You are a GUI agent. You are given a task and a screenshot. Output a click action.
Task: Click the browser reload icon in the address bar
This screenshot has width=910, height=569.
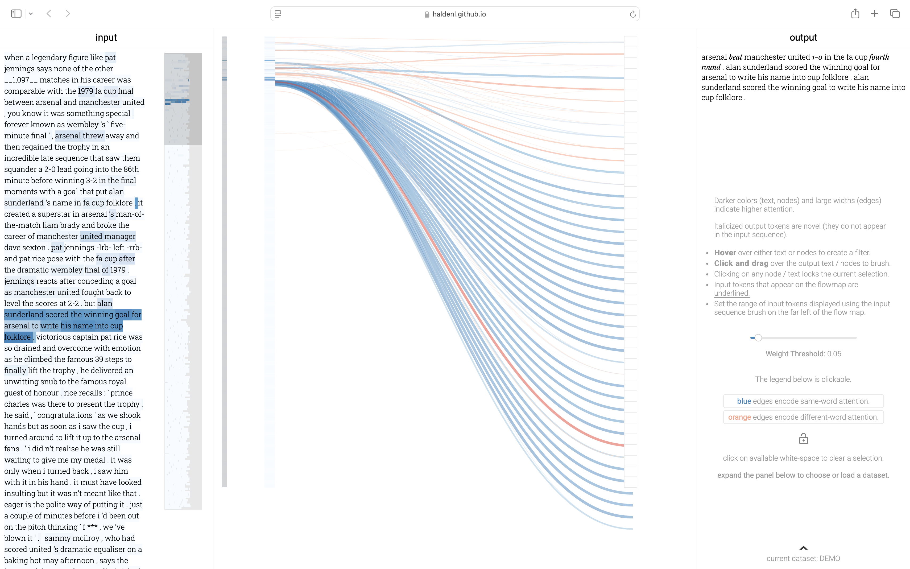633,14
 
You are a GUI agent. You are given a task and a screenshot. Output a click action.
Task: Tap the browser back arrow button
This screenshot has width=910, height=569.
49,14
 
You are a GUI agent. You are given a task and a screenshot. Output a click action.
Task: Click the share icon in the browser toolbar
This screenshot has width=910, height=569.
855,14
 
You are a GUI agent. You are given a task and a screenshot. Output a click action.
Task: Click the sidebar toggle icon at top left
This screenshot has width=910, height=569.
16,14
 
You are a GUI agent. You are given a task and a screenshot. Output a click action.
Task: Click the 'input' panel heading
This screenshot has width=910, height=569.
106,37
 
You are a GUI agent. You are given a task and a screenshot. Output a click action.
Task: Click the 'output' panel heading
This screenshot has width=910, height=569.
803,37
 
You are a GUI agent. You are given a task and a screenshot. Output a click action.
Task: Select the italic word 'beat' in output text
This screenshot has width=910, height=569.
735,57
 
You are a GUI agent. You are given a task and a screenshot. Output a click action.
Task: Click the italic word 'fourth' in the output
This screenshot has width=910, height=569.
879,57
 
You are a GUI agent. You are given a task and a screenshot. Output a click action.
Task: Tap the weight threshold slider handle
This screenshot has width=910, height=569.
758,337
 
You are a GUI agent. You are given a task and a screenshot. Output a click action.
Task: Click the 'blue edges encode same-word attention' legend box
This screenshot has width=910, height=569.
803,401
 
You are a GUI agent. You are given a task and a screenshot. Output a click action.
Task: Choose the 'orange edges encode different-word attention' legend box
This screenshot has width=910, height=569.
803,417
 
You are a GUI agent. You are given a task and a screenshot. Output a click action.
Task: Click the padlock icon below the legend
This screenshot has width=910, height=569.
803,439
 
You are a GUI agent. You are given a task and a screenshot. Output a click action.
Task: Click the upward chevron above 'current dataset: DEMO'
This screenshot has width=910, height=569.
803,548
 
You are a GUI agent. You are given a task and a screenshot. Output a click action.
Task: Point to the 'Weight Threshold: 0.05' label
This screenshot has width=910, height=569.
803,354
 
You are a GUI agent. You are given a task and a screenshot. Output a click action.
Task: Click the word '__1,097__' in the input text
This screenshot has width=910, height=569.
21,80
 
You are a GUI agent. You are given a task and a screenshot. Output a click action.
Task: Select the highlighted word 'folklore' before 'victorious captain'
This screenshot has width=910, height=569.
17,337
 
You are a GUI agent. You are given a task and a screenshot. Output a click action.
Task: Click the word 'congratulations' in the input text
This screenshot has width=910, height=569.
65,415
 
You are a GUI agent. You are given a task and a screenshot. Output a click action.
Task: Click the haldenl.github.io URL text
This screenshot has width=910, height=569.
459,14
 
